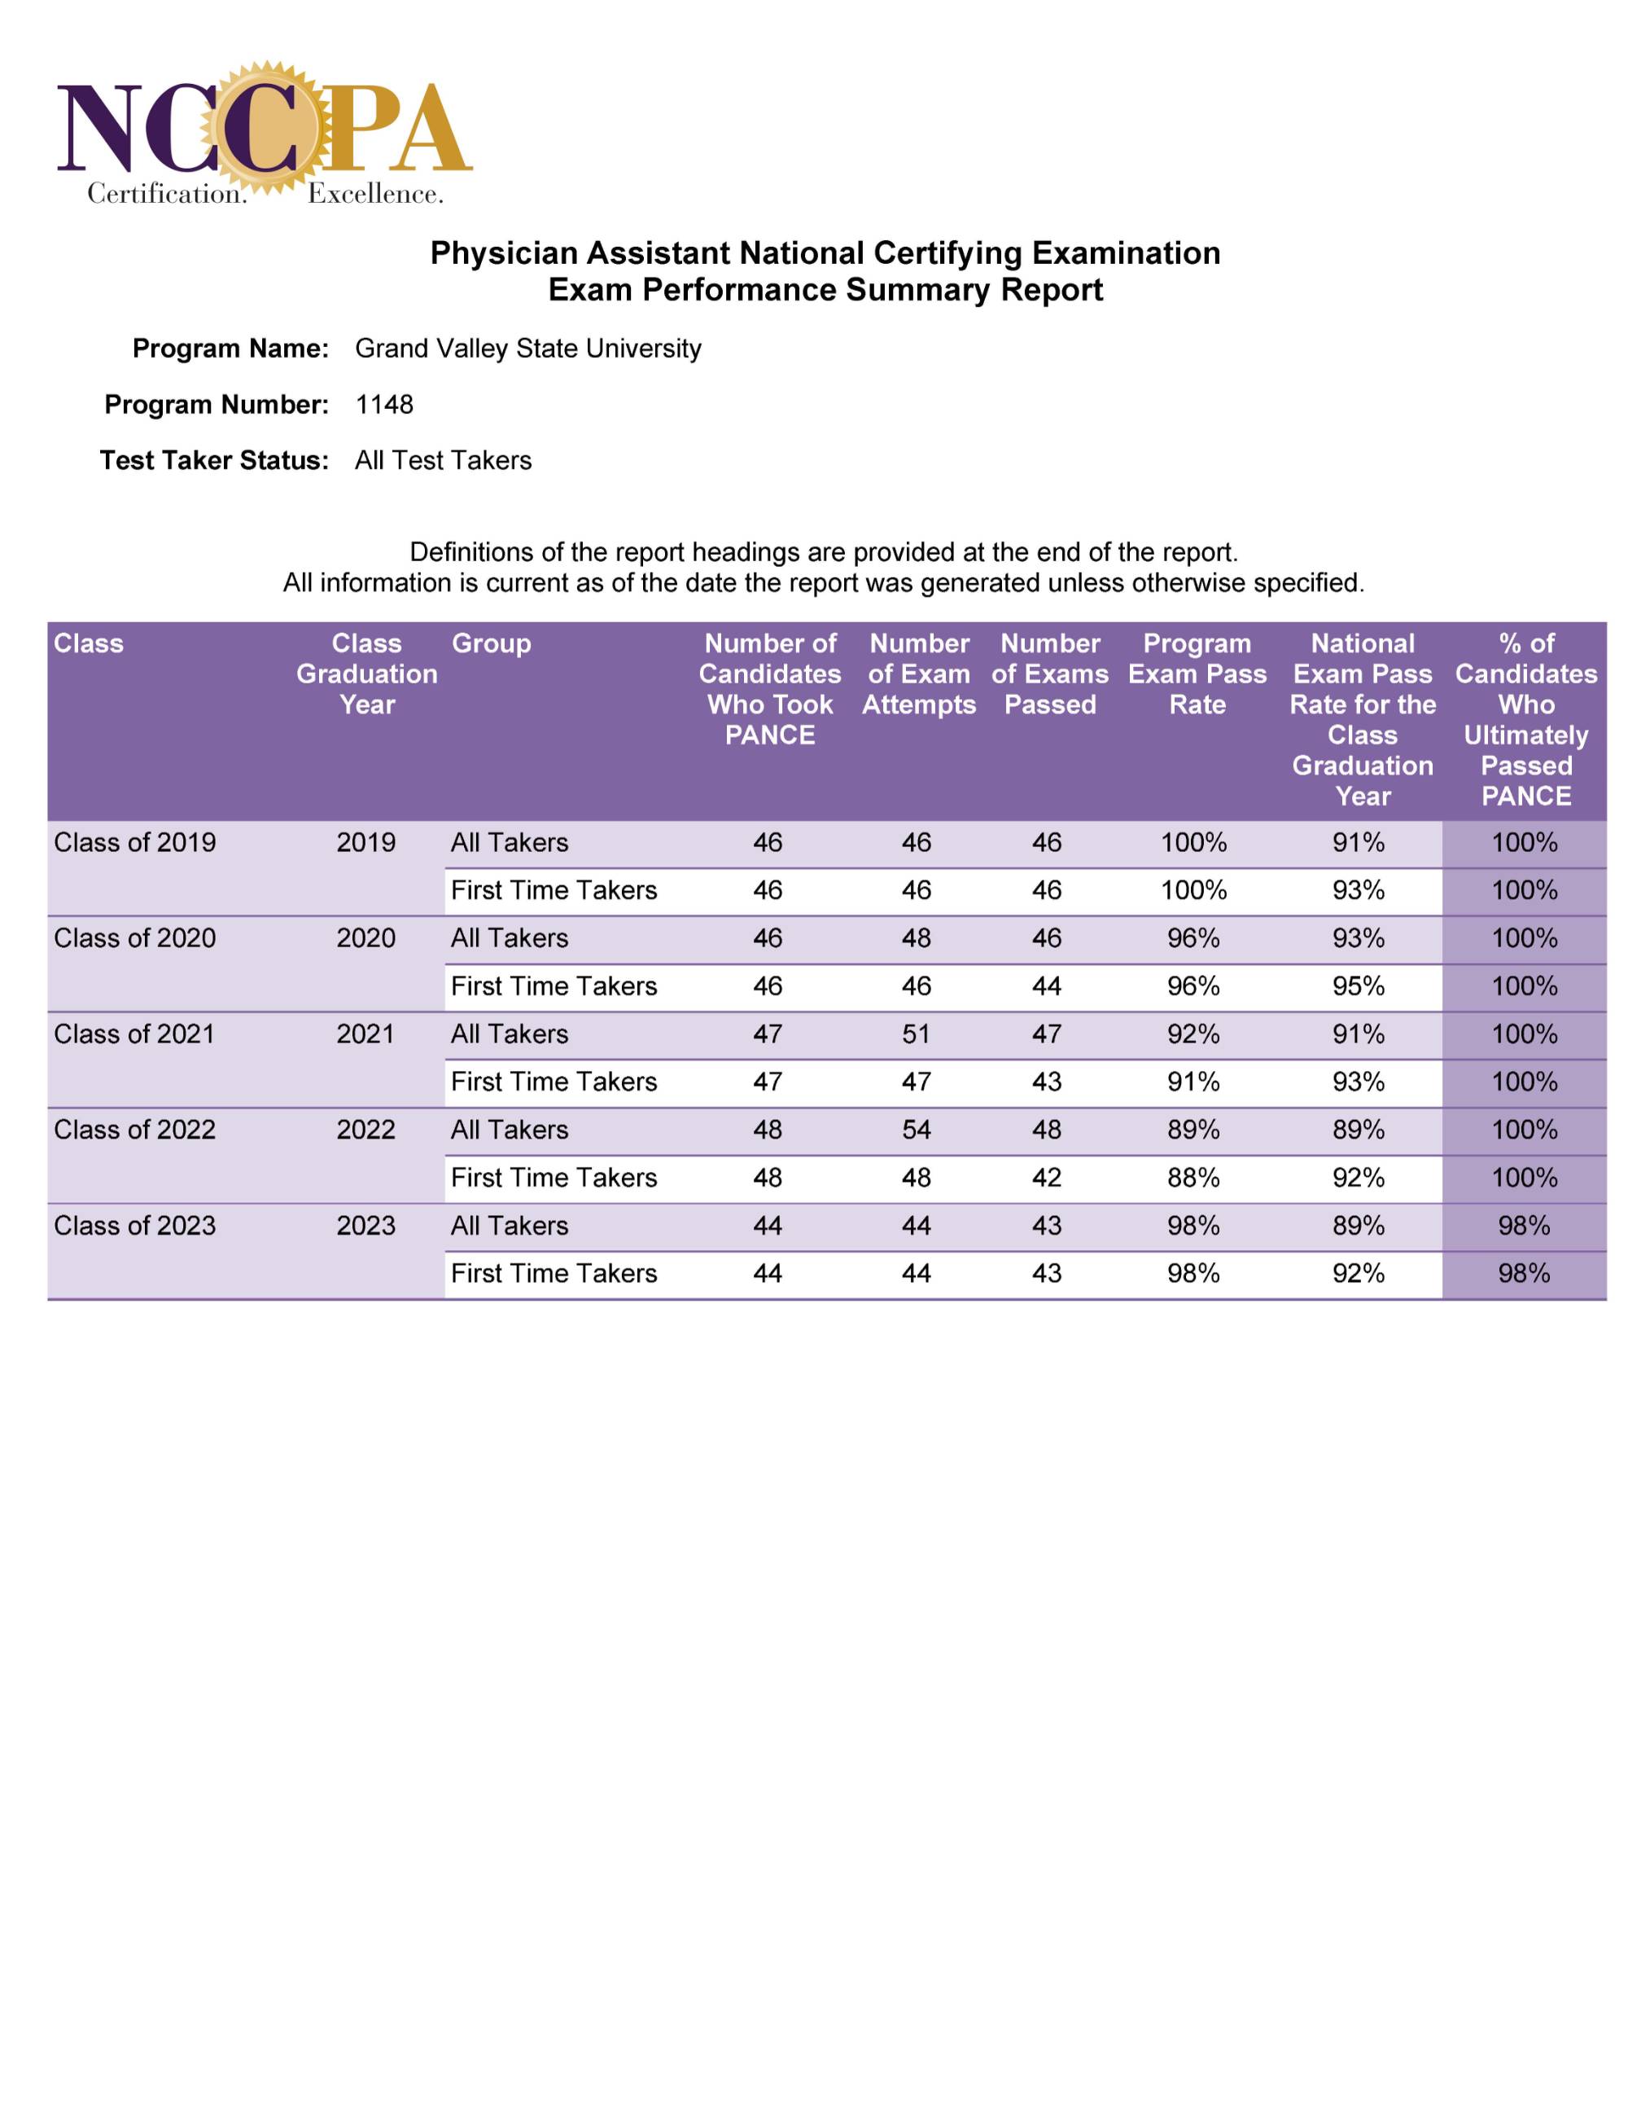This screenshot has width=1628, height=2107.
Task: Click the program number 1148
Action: [x=384, y=404]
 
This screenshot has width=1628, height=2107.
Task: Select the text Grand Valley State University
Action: [x=527, y=349]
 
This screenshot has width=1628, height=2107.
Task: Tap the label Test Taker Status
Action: [x=214, y=460]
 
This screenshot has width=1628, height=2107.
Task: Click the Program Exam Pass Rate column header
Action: [x=1197, y=674]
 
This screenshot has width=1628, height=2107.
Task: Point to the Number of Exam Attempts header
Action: [x=918, y=674]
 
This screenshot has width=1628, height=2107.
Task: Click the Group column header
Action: [x=491, y=643]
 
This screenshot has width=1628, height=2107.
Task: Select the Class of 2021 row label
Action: [x=134, y=1034]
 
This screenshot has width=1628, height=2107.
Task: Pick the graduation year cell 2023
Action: [x=365, y=1225]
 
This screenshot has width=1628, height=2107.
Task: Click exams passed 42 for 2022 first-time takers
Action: [x=1047, y=1178]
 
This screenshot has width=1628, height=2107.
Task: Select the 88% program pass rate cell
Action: [x=1193, y=1178]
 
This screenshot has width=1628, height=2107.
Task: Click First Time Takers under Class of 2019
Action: [x=554, y=890]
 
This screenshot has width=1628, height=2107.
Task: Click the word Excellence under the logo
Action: [x=375, y=194]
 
